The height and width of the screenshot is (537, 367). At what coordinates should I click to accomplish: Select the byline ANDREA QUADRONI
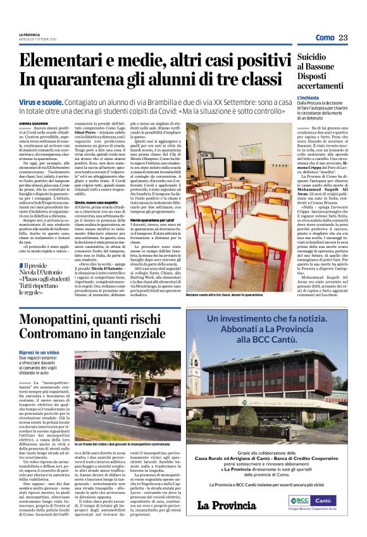point(34,106)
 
